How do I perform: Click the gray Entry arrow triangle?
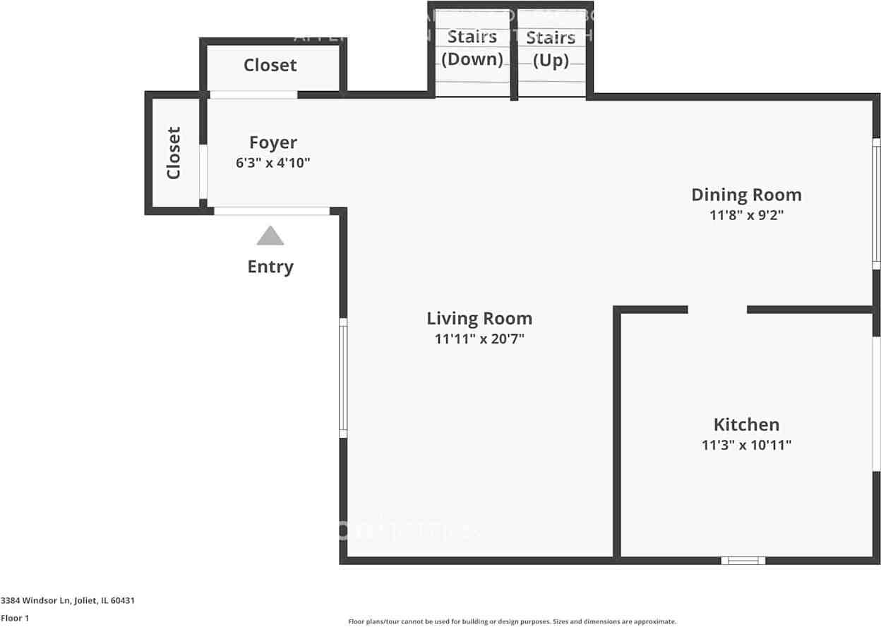[x=270, y=236]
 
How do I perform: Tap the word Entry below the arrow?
[x=270, y=267]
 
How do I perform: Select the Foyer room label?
[x=273, y=142]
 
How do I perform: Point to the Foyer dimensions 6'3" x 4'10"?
[x=273, y=163]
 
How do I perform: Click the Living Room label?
[x=479, y=318]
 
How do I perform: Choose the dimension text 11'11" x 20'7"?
[x=479, y=339]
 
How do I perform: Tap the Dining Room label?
[x=746, y=195]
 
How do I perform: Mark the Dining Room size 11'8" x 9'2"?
[x=746, y=215]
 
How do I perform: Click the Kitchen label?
[x=746, y=425]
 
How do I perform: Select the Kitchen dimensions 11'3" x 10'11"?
[x=746, y=445]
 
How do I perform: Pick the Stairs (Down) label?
[x=472, y=48]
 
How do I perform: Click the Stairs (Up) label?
[x=551, y=48]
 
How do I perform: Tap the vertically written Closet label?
[x=174, y=152]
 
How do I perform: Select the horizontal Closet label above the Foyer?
[x=270, y=65]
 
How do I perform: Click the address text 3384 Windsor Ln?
[x=67, y=601]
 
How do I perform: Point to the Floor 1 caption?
[x=15, y=618]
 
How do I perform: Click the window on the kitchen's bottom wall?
[x=743, y=561]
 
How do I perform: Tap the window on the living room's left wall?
[x=343, y=377]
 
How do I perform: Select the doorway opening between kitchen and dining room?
[x=717, y=310]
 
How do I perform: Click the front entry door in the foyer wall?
[x=272, y=211]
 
